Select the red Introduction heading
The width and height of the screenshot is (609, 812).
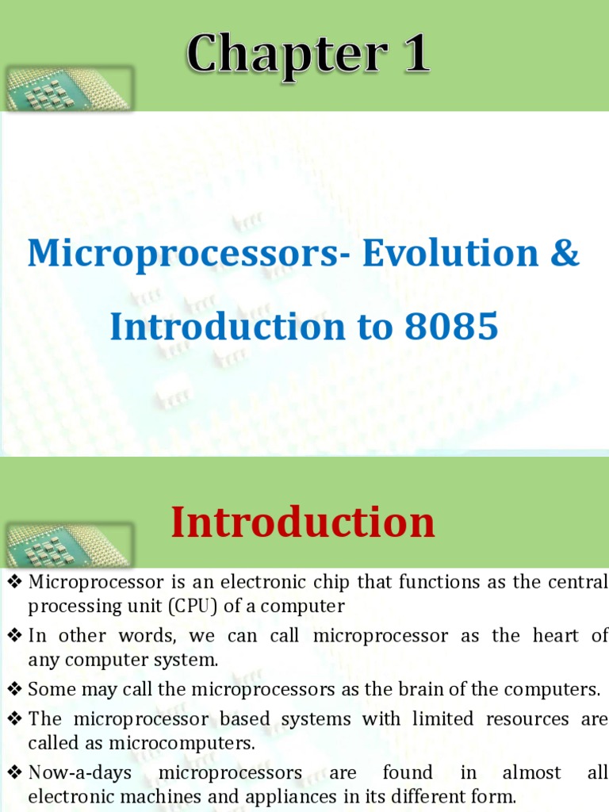point(303,523)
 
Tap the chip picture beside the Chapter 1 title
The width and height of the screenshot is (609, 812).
point(67,90)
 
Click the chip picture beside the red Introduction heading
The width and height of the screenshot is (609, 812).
point(67,545)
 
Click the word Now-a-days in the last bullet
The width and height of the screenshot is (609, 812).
point(79,772)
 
